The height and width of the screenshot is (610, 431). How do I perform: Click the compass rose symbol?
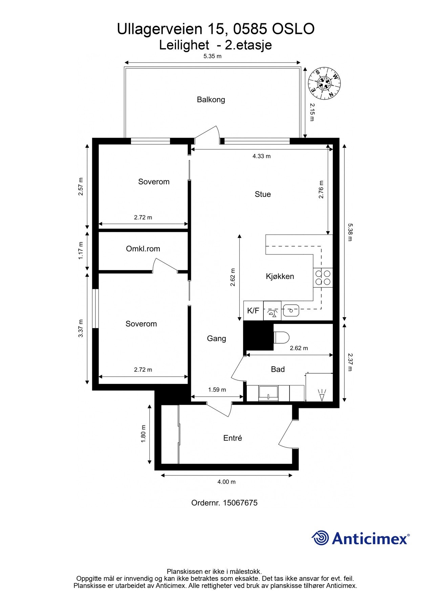click(x=324, y=83)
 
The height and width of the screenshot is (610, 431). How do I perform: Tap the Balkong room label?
click(x=211, y=100)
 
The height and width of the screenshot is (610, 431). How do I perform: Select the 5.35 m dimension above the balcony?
click(x=212, y=56)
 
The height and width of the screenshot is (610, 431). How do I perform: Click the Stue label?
click(x=263, y=194)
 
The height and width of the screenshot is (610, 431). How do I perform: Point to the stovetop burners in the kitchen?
click(x=323, y=277)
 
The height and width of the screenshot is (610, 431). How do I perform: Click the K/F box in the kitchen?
click(x=253, y=311)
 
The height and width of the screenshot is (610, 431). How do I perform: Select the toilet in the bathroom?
click(x=281, y=337)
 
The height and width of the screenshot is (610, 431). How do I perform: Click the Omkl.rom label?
click(x=143, y=249)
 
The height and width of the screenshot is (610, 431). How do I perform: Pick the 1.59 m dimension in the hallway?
click(x=217, y=390)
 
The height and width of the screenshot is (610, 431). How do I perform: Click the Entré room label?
click(x=233, y=438)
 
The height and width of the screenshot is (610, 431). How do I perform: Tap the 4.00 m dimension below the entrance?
click(x=227, y=482)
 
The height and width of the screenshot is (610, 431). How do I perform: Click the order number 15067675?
click(x=240, y=503)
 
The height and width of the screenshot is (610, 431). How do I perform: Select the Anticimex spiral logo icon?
click(x=320, y=538)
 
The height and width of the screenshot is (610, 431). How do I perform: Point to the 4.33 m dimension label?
click(x=261, y=156)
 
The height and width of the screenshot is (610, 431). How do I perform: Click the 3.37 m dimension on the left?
click(x=81, y=328)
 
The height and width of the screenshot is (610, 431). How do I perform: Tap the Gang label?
click(x=216, y=339)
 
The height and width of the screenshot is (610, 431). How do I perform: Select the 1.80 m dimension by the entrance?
click(x=143, y=434)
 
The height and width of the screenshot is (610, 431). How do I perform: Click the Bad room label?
click(x=278, y=369)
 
